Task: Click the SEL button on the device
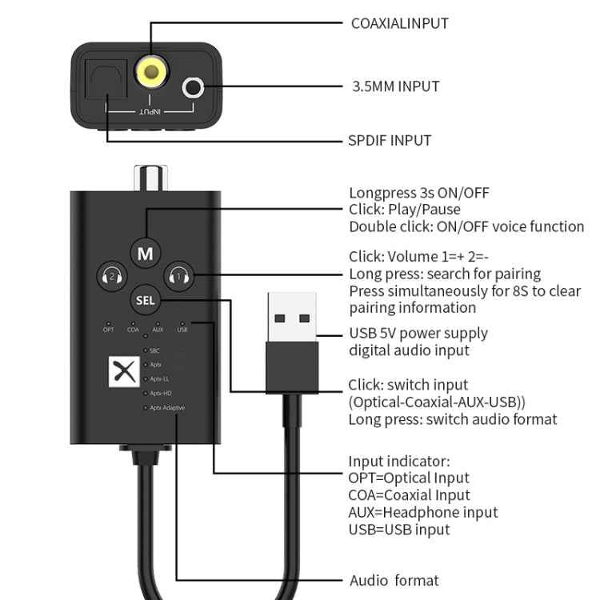click(146, 301)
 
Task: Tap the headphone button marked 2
click(111, 277)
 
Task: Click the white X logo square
click(122, 370)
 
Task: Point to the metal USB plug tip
click(292, 317)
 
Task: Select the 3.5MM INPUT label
click(395, 86)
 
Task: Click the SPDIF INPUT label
click(390, 141)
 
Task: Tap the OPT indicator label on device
click(109, 330)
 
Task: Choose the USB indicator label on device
click(182, 330)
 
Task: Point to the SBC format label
click(155, 350)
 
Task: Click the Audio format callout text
click(394, 581)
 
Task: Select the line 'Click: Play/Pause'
click(405, 210)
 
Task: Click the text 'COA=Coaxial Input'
click(409, 495)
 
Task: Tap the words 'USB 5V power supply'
click(418, 333)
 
